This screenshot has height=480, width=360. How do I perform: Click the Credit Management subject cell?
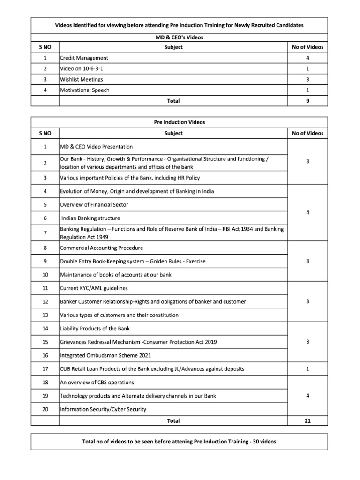[x=84, y=58]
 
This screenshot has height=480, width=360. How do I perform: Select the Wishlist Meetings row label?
[x=82, y=79]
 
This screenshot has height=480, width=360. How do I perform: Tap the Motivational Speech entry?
[x=85, y=90]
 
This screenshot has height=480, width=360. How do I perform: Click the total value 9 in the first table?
[x=307, y=101]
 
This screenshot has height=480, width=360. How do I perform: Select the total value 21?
[x=307, y=421]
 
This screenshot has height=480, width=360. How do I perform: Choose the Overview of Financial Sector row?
[x=94, y=205]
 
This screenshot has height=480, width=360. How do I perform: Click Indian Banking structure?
[x=90, y=218]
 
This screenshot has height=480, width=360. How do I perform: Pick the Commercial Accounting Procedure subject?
[x=102, y=248]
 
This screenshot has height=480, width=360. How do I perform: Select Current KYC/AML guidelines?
[x=94, y=288]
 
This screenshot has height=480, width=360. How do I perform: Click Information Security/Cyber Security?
[x=103, y=409]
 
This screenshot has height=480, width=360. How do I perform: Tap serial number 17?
[x=45, y=369]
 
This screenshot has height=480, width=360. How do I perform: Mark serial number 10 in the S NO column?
[x=45, y=275]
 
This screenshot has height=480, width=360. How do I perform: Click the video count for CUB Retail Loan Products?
[x=307, y=369]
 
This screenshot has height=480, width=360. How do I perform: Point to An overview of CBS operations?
[x=97, y=382]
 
